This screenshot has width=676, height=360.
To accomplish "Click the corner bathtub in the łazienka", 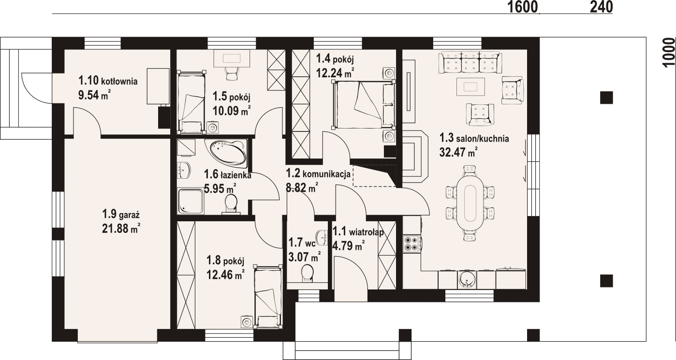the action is click(x=226, y=154).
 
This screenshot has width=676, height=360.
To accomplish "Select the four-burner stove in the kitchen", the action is click(x=412, y=244).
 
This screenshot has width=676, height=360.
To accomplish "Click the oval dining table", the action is click(x=470, y=203).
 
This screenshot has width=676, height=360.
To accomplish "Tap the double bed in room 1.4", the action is click(x=364, y=104).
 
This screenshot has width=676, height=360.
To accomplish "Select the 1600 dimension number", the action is click(x=523, y=7).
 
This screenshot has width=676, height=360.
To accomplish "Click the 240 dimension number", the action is click(x=601, y=7).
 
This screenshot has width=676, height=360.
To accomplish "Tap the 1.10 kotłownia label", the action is click(x=108, y=81).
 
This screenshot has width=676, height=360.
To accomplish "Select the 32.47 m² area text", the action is click(x=458, y=152).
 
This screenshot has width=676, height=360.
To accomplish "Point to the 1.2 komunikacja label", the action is click(x=318, y=173).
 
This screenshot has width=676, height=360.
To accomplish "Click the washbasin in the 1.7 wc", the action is click(x=323, y=237).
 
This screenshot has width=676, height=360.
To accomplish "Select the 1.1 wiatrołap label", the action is click(x=358, y=232).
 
